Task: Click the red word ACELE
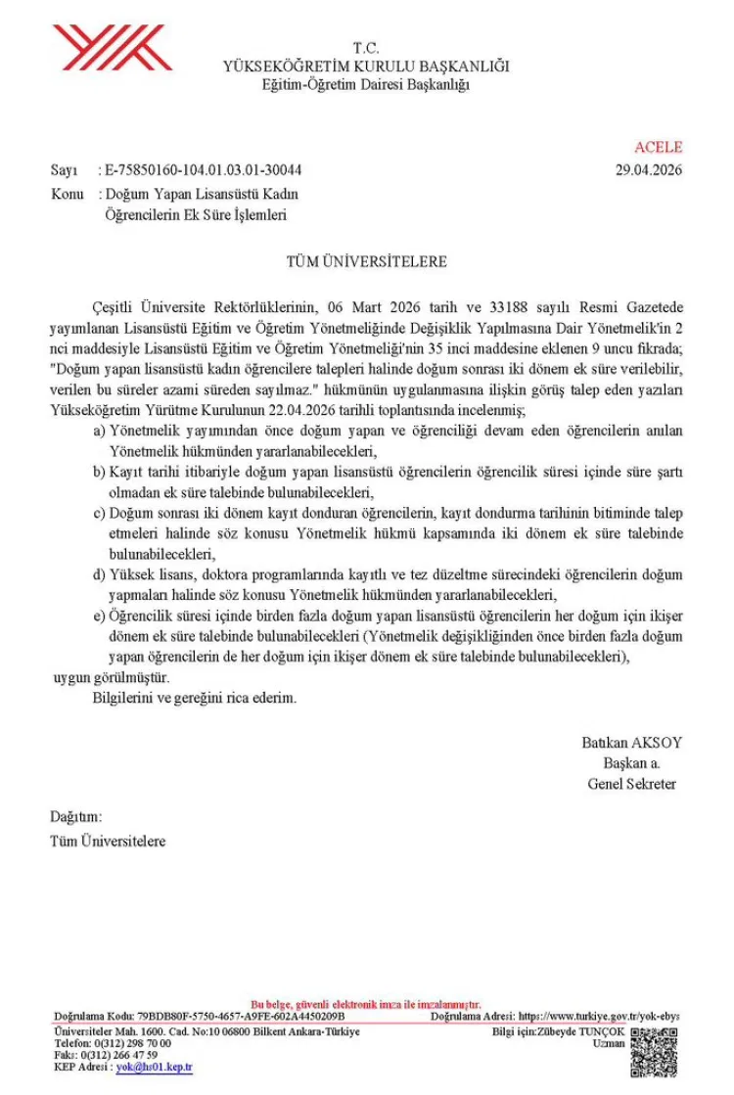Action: tap(658, 148)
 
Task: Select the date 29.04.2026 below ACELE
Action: tap(649, 169)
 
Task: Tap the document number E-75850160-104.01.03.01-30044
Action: tap(203, 169)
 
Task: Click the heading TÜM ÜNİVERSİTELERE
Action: tap(366, 262)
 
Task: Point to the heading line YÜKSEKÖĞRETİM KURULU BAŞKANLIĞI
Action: tap(366, 67)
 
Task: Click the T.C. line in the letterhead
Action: tap(366, 48)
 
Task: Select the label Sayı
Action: tap(64, 169)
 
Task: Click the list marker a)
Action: tap(100, 431)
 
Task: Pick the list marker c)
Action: tap(100, 513)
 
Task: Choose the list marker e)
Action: tap(100, 616)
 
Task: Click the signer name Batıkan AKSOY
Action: tap(631, 743)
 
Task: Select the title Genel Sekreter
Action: tap(631, 784)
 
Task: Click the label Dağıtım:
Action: tap(75, 816)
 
